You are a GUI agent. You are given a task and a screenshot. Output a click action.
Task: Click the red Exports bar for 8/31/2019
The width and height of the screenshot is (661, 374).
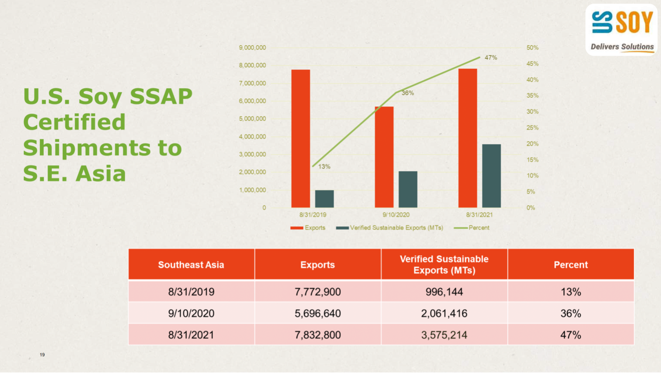point(300,139)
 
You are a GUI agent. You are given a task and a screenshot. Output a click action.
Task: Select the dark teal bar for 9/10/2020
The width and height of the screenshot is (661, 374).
point(408,190)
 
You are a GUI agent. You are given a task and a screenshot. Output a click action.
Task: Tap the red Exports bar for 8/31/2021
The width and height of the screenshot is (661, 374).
point(467,138)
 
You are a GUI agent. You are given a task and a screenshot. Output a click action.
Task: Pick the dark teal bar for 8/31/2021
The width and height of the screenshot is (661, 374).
point(491,176)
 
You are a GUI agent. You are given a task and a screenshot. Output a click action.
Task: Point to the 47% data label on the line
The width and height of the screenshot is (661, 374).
point(490,58)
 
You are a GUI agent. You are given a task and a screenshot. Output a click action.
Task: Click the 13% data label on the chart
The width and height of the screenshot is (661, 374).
point(324,166)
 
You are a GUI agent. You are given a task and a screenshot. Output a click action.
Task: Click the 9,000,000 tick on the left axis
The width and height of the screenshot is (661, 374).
point(252,48)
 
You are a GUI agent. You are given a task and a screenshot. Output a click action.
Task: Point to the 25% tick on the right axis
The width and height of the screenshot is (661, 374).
point(532,128)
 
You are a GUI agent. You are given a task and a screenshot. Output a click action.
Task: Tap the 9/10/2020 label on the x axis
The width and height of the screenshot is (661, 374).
point(396,215)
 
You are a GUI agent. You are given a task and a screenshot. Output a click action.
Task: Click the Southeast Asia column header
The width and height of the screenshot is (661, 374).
point(191,265)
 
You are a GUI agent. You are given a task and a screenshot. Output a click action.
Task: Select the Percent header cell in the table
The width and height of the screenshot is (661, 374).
point(570,265)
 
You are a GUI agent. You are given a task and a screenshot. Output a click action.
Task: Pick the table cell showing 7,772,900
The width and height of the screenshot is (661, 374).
point(318,292)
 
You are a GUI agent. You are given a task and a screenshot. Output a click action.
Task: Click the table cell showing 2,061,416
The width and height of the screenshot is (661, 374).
point(444,313)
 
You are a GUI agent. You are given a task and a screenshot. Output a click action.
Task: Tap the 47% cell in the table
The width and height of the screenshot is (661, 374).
point(570,335)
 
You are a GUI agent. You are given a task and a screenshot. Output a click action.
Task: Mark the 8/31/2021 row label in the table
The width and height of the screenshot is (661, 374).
point(191,335)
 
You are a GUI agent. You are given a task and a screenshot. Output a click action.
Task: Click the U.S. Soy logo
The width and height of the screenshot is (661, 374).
point(622,30)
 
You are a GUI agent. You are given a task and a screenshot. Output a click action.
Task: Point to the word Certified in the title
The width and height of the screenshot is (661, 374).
point(74,122)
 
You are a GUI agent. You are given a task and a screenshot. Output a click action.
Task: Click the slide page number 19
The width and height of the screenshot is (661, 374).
point(42,355)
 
